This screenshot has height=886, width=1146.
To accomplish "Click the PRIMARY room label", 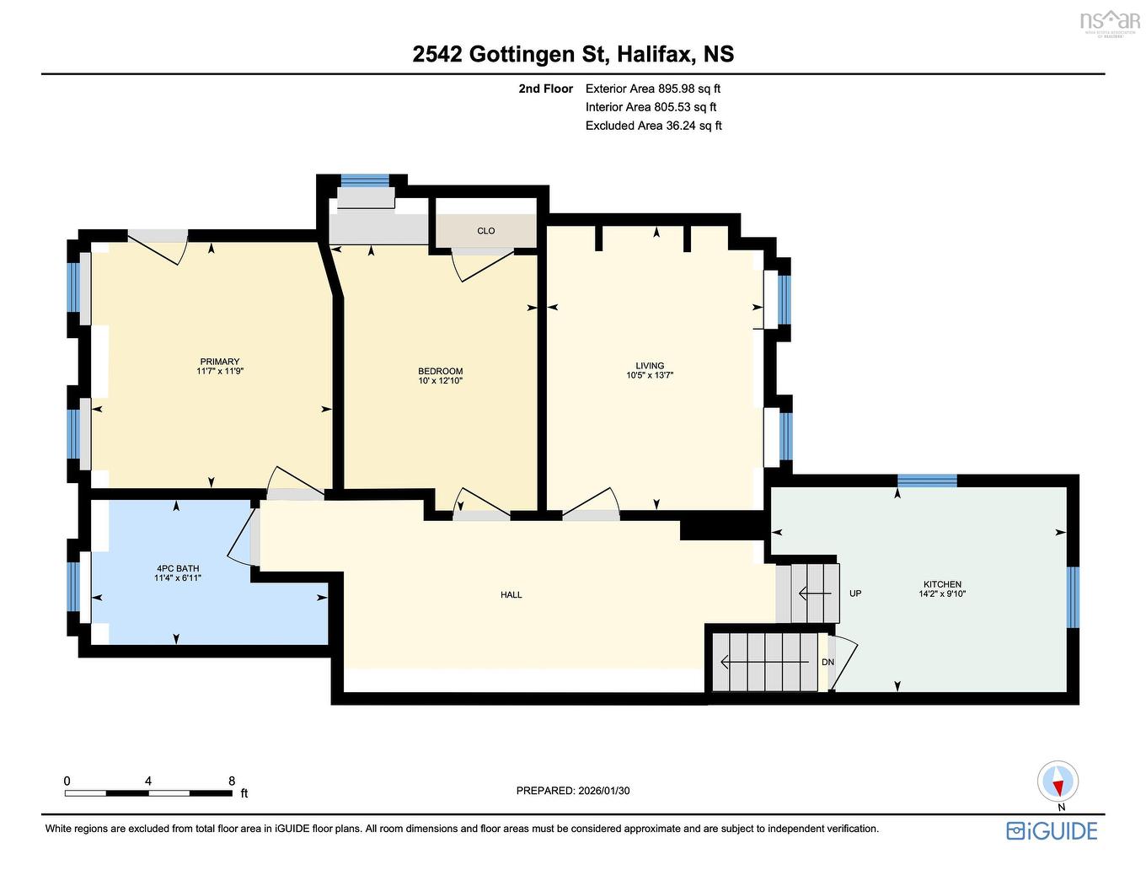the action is click(x=219, y=362).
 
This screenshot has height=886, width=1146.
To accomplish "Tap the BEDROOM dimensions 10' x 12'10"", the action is click(x=440, y=381).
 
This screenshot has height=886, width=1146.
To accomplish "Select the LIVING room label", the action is click(x=649, y=366).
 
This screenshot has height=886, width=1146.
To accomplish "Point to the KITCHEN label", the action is click(x=942, y=584).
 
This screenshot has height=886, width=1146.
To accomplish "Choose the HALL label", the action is click(x=511, y=595).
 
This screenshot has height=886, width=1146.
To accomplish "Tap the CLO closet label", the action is click(x=485, y=231).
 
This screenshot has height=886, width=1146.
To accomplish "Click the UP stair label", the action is click(x=855, y=593).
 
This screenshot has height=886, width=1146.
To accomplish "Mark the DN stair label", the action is click(x=827, y=662).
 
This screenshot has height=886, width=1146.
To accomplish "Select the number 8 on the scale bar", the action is click(x=232, y=781).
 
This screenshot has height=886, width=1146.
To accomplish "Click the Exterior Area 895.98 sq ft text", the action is click(x=653, y=89).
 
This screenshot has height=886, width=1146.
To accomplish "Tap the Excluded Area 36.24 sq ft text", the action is click(x=653, y=126).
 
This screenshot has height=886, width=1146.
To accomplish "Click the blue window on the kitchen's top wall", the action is click(x=927, y=481).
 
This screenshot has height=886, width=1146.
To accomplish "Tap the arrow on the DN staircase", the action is click(x=764, y=661).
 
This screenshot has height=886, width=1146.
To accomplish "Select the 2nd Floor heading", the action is click(x=545, y=89).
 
